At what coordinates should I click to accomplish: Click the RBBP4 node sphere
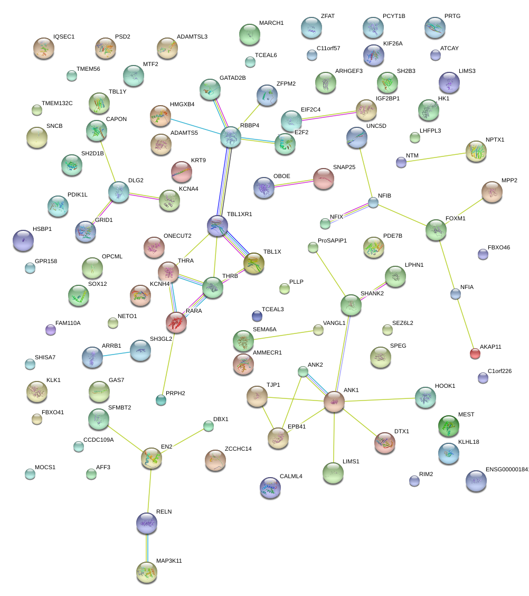(x=230, y=137)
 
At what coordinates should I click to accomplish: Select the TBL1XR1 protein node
(x=218, y=226)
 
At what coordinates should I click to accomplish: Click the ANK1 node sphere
(x=334, y=402)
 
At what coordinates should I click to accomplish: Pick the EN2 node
(x=152, y=458)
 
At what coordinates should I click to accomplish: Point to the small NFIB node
(x=373, y=202)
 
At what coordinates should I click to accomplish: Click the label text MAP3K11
(x=169, y=561)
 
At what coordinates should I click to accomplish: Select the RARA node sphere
(x=176, y=322)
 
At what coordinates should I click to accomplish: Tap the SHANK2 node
(x=351, y=305)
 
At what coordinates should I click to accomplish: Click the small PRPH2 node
(x=161, y=401)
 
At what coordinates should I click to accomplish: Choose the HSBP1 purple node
(x=23, y=240)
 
